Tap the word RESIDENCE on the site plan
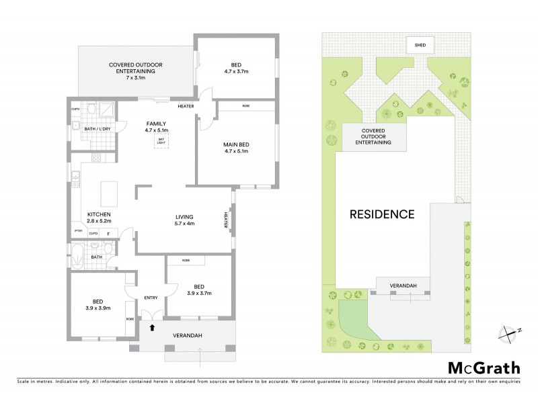pyautogui.click(x=381, y=215)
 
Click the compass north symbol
pyautogui.click(x=508, y=330)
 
